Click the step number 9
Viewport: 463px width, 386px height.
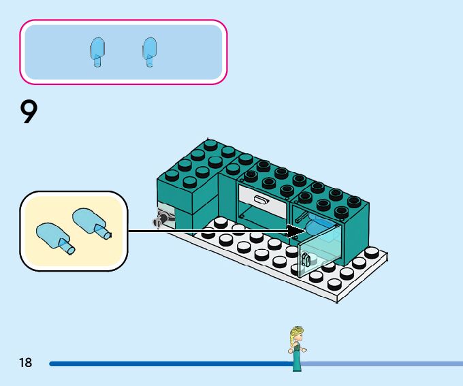(29, 112)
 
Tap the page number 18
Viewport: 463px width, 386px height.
(25, 363)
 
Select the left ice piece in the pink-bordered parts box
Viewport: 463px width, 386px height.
(97, 52)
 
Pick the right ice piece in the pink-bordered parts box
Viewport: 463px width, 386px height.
(150, 52)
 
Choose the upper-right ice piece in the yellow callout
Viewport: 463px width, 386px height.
(91, 222)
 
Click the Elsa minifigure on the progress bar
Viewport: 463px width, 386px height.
(297, 348)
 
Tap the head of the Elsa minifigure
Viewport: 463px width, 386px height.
(297, 334)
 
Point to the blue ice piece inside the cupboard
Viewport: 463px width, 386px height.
(320, 225)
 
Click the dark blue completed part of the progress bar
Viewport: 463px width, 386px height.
(170, 364)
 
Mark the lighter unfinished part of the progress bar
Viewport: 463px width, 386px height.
(381, 364)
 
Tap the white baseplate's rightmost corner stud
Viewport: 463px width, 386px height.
(372, 253)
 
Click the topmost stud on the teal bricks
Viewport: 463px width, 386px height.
(210, 144)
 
